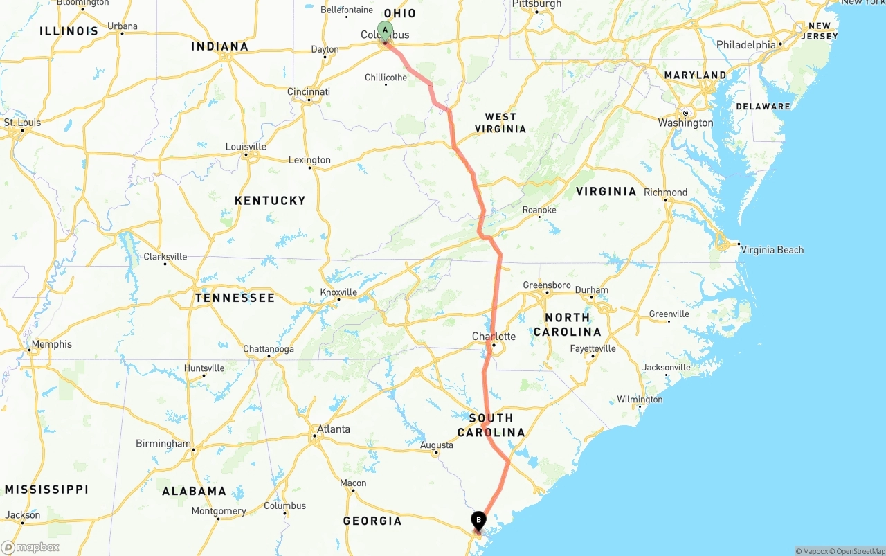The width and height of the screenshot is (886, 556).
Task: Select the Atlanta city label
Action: [x=333, y=429]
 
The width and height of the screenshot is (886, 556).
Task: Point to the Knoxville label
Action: [x=338, y=292]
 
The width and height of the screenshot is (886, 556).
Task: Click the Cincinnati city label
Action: [x=309, y=92]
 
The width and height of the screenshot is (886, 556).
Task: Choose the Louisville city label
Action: [x=246, y=147]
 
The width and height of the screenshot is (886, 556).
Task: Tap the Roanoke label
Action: [x=539, y=210]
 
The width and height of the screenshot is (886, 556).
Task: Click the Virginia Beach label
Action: [x=772, y=250]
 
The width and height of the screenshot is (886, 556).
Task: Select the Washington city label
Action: [x=685, y=123]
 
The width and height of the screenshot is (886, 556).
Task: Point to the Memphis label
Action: [x=51, y=344]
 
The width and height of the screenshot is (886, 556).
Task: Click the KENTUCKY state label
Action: [x=270, y=201]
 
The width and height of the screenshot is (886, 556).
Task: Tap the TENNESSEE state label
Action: [x=235, y=298]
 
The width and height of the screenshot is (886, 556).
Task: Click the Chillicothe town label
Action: [x=386, y=78]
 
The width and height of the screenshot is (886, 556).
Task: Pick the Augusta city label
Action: [x=437, y=445]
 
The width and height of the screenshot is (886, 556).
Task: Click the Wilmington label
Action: [x=640, y=400]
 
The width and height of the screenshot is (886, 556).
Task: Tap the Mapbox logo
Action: [x=30, y=547]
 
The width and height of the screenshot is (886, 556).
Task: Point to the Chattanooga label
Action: [x=269, y=349]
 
